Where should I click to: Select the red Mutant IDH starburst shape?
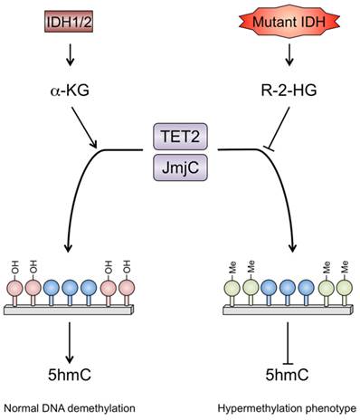click(x=287, y=20)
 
